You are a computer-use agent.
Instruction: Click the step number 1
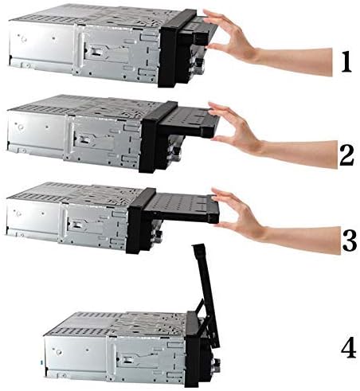pos(346,62)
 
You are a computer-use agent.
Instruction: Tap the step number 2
pos(346,156)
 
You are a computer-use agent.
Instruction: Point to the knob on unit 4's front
pos(216,362)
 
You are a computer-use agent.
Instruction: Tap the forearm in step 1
pos(295,61)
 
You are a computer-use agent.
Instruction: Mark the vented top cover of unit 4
pos(117,325)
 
